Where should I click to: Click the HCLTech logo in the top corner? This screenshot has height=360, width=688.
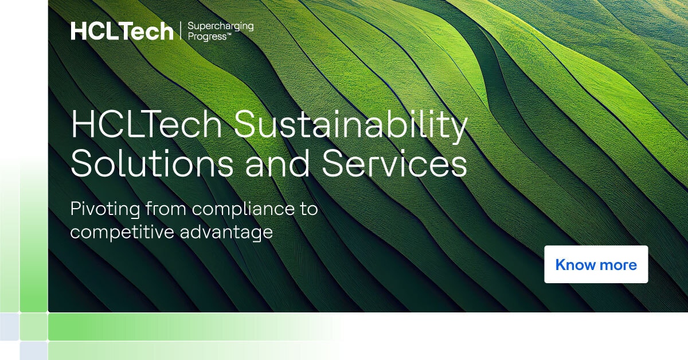pyautogui.click(x=122, y=32)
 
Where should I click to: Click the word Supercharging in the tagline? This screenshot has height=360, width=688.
pyautogui.click(x=221, y=26)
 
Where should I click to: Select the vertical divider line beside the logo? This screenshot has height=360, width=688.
pyautogui.click(x=181, y=32)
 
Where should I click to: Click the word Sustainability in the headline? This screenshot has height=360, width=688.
pyautogui.click(x=350, y=128)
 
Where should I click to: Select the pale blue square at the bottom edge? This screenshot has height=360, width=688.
pyautogui.click(x=33, y=351)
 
